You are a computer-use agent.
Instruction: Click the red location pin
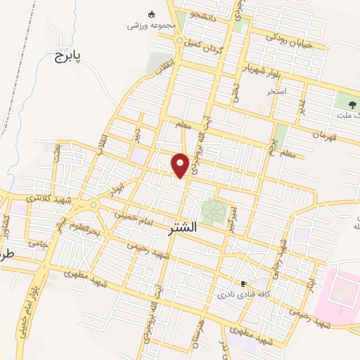[181, 165]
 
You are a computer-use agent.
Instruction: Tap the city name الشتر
[184, 229]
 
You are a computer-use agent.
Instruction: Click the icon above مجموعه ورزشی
[152, 14]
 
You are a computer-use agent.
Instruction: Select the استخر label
[276, 92]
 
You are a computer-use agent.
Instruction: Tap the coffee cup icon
[244, 284]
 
